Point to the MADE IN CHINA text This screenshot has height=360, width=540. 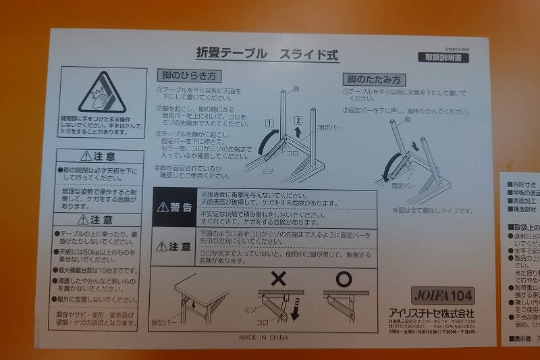(x=263, y=336)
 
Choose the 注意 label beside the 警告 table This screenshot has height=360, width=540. (x=175, y=247)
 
